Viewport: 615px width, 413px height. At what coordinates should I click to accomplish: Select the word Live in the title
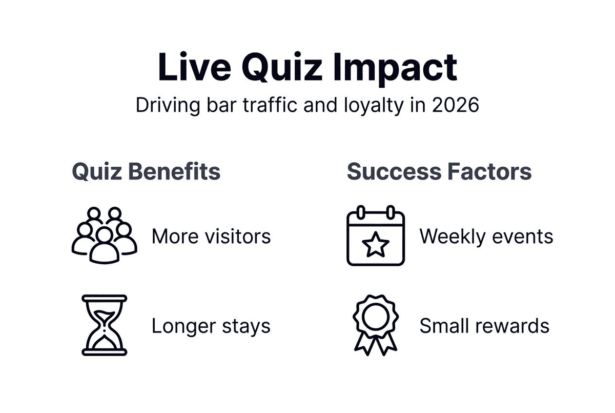pos(194,67)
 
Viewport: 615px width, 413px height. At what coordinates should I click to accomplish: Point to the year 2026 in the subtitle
pos(456,105)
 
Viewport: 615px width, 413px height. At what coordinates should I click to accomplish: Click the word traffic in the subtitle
pos(270,105)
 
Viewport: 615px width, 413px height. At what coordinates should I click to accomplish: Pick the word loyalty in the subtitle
pos(374,106)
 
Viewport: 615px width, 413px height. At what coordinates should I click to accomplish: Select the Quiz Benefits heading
pos(146,172)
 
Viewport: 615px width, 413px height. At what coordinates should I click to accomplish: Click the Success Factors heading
pos(439,171)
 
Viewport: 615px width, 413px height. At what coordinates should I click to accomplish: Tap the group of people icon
pos(105,235)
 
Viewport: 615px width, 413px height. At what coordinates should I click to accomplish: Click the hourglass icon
pos(105,325)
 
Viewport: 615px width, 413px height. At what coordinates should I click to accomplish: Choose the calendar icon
pos(376,235)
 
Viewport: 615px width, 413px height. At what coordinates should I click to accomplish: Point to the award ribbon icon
pos(376,325)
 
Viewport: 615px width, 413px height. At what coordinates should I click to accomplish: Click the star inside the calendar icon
pos(376,244)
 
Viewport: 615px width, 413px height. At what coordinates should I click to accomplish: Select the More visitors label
pos(211,237)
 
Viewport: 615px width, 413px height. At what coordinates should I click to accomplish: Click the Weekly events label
pos(486,237)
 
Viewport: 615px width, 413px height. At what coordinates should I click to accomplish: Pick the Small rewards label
pos(484,326)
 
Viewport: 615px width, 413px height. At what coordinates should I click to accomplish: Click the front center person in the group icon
pos(105,246)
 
